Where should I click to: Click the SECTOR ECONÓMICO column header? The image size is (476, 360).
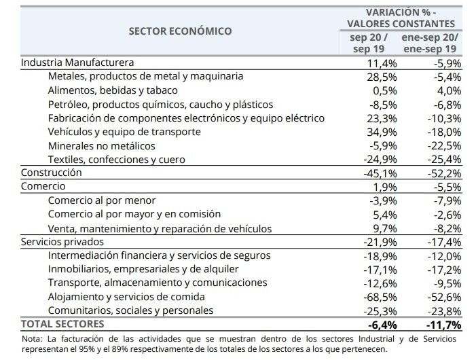pyautogui.click(x=181, y=31)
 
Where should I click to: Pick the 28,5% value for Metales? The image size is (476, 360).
pyautogui.click(x=382, y=77)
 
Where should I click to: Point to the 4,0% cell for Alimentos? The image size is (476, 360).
pyautogui.click(x=449, y=90)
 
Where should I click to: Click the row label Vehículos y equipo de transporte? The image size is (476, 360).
pyautogui.click(x=124, y=132)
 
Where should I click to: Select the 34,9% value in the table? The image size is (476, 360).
pyautogui.click(x=382, y=132)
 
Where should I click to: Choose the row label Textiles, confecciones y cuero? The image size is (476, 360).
pyautogui.click(x=117, y=160)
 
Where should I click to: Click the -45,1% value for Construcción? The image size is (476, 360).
pyautogui.click(x=380, y=173)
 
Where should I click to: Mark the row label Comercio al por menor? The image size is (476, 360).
pyautogui.click(x=102, y=200)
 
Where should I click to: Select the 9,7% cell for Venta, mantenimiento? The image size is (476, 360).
pyautogui.click(x=384, y=228)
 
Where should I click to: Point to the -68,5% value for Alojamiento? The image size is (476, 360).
pyautogui.click(x=380, y=297)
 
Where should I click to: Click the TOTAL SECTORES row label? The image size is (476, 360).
pyautogui.click(x=62, y=324)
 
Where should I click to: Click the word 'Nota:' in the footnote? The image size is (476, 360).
pyautogui.click(x=32, y=338)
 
